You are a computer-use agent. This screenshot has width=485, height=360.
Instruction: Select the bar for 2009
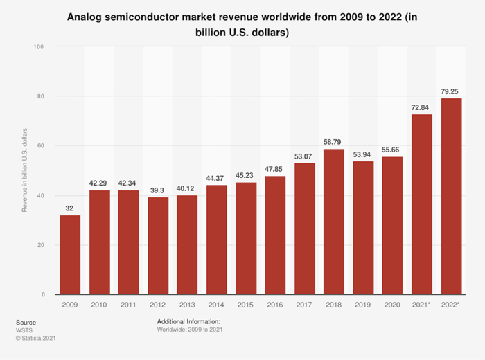coord(70,255)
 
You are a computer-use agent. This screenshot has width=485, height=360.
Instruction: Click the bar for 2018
coord(335,222)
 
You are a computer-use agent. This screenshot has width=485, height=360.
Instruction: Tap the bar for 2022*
coord(452,197)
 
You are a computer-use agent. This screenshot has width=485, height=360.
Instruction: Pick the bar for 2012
coord(158,246)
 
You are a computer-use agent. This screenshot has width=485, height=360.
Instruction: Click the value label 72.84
coord(423,107)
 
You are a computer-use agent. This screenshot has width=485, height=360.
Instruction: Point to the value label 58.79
coord(335,141)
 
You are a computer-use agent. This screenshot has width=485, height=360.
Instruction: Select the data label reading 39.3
coord(158,190)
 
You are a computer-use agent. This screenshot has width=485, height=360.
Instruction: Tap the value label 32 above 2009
coord(70,208)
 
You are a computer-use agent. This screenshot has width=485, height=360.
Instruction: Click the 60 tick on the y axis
coord(40,146)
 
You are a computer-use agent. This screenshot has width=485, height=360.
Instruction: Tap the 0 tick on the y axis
coord(42,295)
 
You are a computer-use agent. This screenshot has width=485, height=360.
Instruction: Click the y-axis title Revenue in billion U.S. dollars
coord(25,170)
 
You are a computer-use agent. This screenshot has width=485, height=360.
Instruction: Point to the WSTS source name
coord(24,330)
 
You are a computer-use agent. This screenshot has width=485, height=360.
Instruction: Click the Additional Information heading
coord(189,322)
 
